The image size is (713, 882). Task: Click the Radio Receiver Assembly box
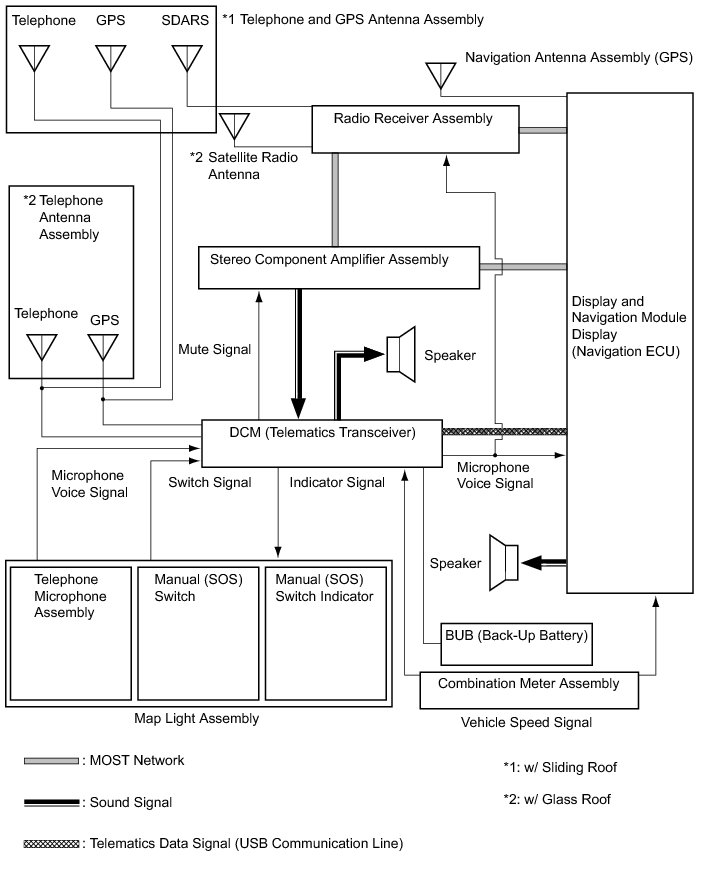tap(416, 129)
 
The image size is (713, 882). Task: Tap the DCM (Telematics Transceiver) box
tap(322, 442)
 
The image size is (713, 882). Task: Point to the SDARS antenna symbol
tap(187, 59)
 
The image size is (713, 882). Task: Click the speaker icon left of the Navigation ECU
tap(503, 562)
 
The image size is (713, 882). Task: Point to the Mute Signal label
tap(214, 350)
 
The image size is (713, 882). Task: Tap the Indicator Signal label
tap(337, 483)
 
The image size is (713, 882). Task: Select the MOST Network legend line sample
tap(51, 761)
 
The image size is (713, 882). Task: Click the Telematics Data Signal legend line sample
tap(51, 844)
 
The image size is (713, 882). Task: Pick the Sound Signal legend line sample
tap(51, 802)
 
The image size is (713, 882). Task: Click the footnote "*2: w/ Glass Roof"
tap(557, 799)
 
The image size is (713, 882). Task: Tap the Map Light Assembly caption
tap(196, 719)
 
